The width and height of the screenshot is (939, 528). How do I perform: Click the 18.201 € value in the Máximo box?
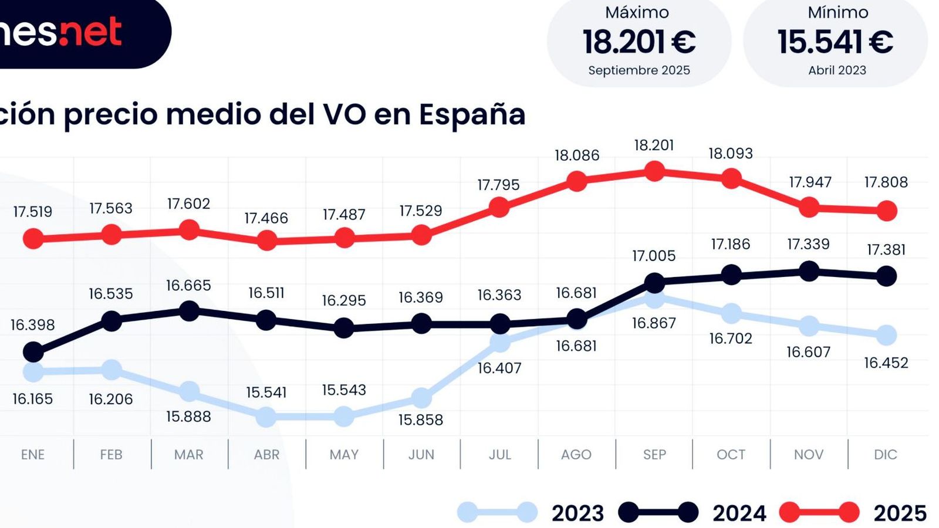click(639, 42)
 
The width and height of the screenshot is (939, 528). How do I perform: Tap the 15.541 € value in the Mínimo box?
click(835, 42)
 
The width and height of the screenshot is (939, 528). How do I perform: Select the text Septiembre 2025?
click(639, 70)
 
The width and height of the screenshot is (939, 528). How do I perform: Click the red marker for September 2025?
click(654, 171)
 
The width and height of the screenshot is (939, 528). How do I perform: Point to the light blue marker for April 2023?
click(266, 417)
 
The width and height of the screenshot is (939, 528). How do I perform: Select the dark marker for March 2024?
click(189, 311)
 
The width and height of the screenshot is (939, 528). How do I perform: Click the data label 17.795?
click(498, 185)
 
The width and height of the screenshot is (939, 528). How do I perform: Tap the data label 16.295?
click(344, 300)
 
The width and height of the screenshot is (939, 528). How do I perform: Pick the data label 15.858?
click(421, 420)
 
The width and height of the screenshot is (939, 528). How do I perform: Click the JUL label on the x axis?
click(499, 455)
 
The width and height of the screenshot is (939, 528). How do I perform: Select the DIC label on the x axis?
click(885, 455)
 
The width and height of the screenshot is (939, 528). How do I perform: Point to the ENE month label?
click(33, 455)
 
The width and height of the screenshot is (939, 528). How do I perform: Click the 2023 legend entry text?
click(577, 513)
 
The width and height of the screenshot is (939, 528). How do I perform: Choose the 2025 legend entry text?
click(900, 513)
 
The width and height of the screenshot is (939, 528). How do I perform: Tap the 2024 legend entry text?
click(739, 513)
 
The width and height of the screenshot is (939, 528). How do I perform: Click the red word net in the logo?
click(91, 32)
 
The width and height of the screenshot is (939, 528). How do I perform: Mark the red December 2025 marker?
click(887, 211)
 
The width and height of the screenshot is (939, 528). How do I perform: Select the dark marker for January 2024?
click(33, 353)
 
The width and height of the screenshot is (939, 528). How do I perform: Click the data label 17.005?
click(654, 256)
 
